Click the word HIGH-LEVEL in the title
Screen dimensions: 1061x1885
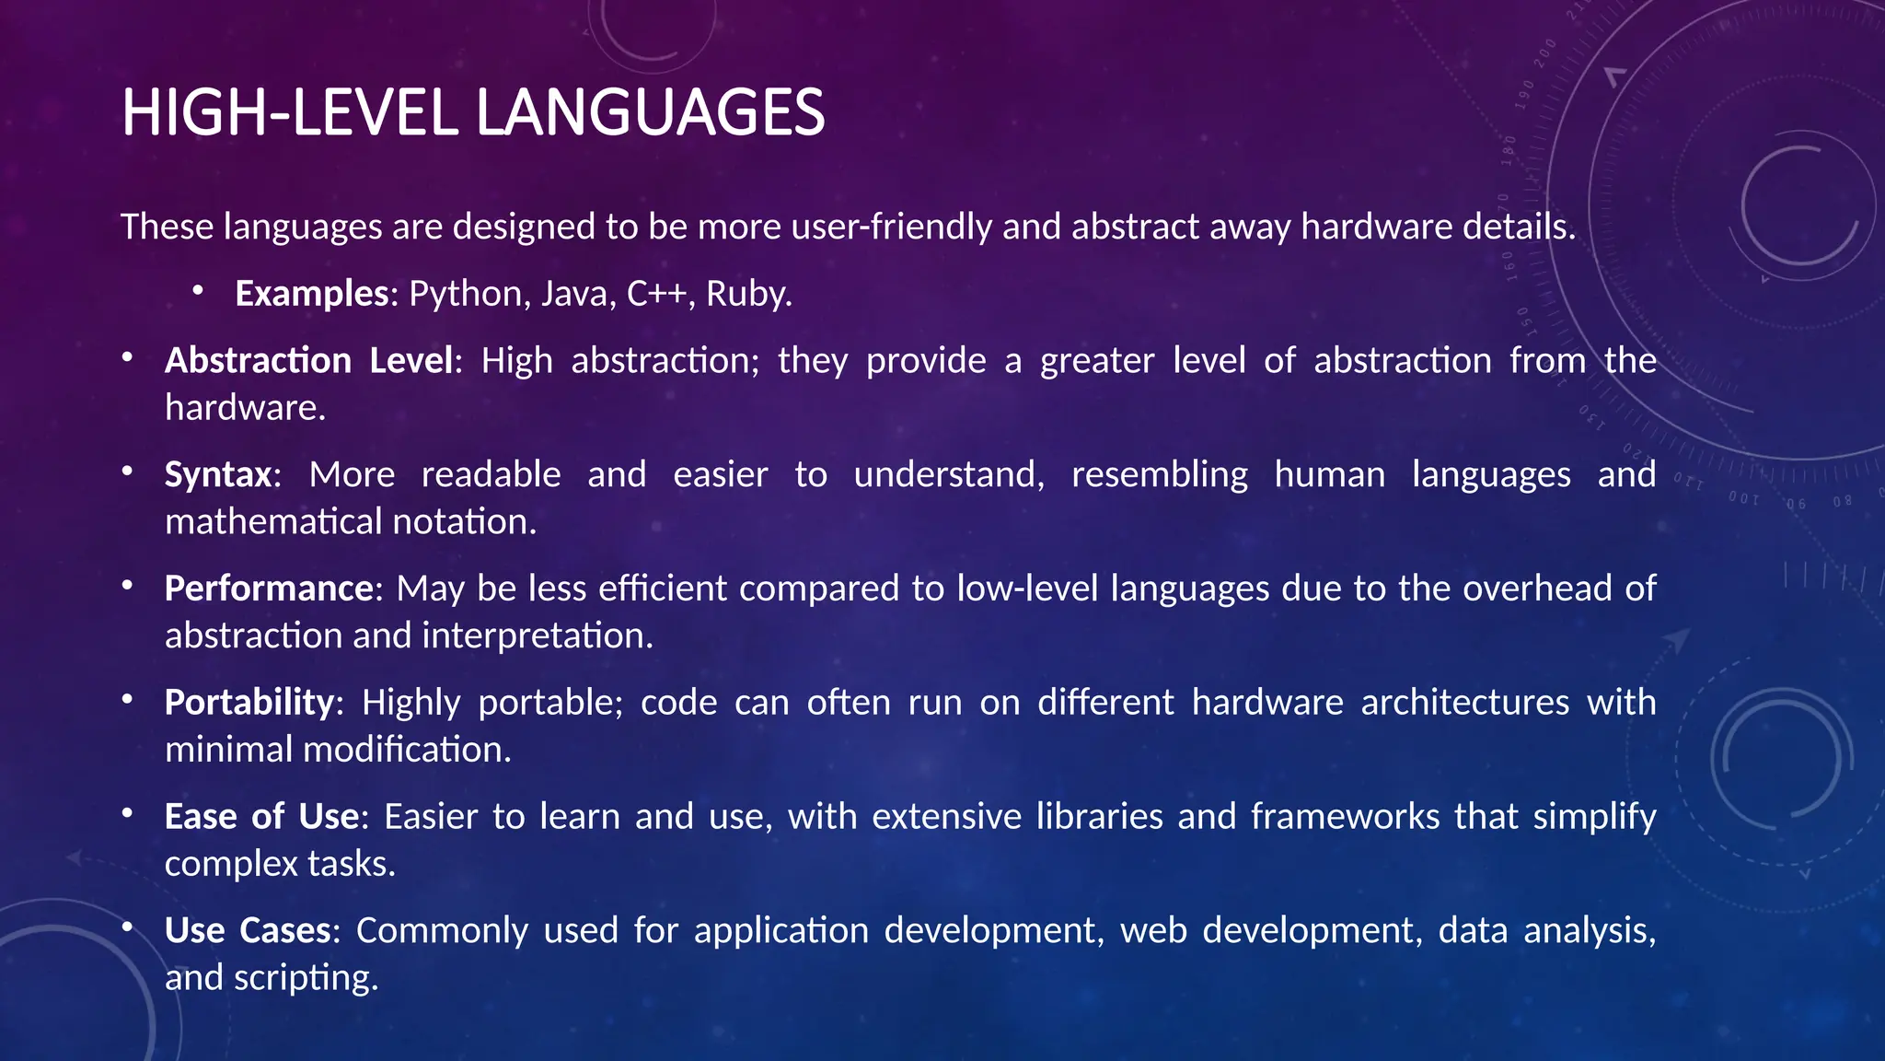click(x=288, y=112)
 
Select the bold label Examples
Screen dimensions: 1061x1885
click(x=312, y=294)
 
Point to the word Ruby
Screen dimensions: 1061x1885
click(x=747, y=294)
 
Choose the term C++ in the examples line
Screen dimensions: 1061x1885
click(x=656, y=294)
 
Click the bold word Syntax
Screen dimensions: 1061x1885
click(x=218, y=475)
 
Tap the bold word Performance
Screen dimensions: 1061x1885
click(x=269, y=589)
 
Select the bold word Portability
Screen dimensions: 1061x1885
click(x=249, y=703)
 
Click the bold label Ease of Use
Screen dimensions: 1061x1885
click(x=261, y=817)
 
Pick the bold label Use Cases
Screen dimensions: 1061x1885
click(x=248, y=931)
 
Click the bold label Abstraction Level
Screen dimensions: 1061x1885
click(x=309, y=361)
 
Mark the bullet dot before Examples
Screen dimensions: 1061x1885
click(x=197, y=291)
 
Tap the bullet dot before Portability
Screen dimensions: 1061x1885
click(x=127, y=700)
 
